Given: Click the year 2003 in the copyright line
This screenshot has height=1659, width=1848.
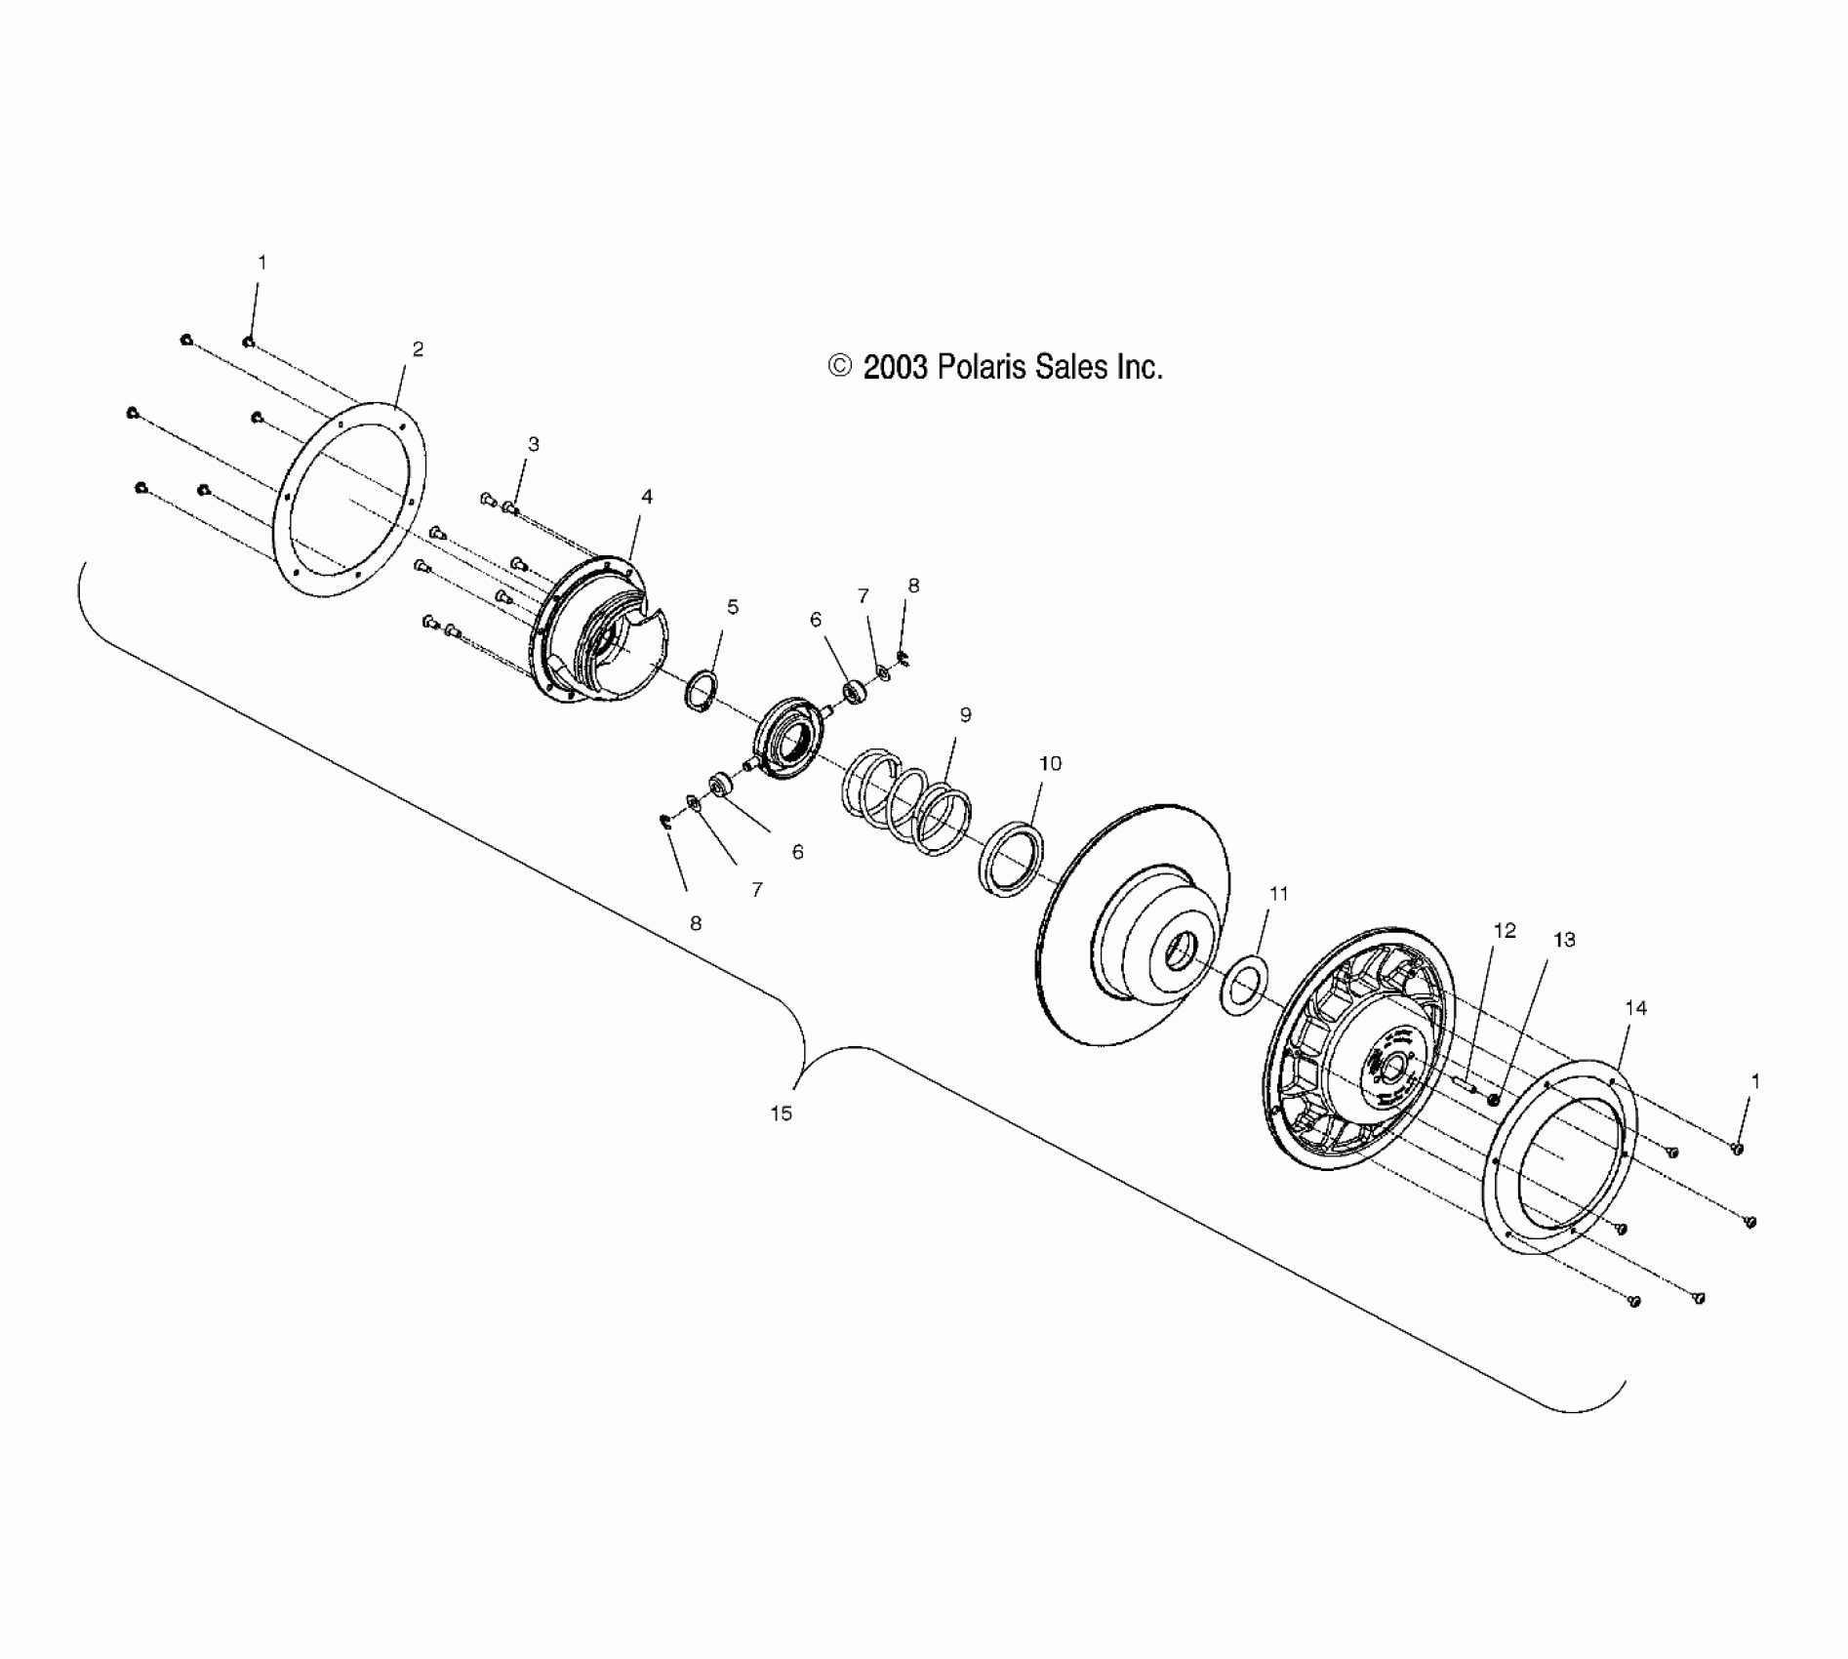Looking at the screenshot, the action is (x=894, y=367).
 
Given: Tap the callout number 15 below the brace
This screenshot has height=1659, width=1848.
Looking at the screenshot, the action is (x=781, y=1113).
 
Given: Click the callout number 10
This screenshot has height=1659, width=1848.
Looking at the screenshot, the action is (x=1050, y=763).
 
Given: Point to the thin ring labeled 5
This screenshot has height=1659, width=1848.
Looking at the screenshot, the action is (x=702, y=691).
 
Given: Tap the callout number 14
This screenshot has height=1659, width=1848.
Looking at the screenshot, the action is (x=1635, y=1008).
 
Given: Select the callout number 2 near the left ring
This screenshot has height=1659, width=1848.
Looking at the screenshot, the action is (x=418, y=349).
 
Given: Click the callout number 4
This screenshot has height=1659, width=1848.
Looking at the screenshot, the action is (x=646, y=497).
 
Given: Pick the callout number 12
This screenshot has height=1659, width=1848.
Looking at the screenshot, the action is (x=1505, y=931).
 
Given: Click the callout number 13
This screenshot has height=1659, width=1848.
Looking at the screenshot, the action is (x=1564, y=940).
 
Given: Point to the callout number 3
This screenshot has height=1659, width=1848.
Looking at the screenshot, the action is (x=533, y=444).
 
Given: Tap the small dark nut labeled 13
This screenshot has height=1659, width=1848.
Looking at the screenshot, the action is (x=1493, y=1100).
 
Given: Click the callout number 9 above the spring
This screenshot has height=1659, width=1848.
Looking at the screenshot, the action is (x=965, y=715).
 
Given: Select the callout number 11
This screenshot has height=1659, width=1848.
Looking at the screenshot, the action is (x=1278, y=894).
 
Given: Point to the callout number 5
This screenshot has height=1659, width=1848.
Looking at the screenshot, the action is (x=732, y=607).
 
